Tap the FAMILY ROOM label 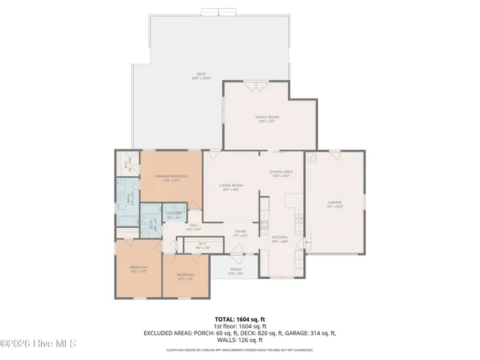268,117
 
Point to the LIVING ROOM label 231,186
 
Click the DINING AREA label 281,172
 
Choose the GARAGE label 334,202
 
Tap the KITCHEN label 280,237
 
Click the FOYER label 241,232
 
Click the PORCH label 235,270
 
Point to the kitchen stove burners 298,217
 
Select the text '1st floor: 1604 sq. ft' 239,326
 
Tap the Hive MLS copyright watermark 39,343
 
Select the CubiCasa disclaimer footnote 239,349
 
